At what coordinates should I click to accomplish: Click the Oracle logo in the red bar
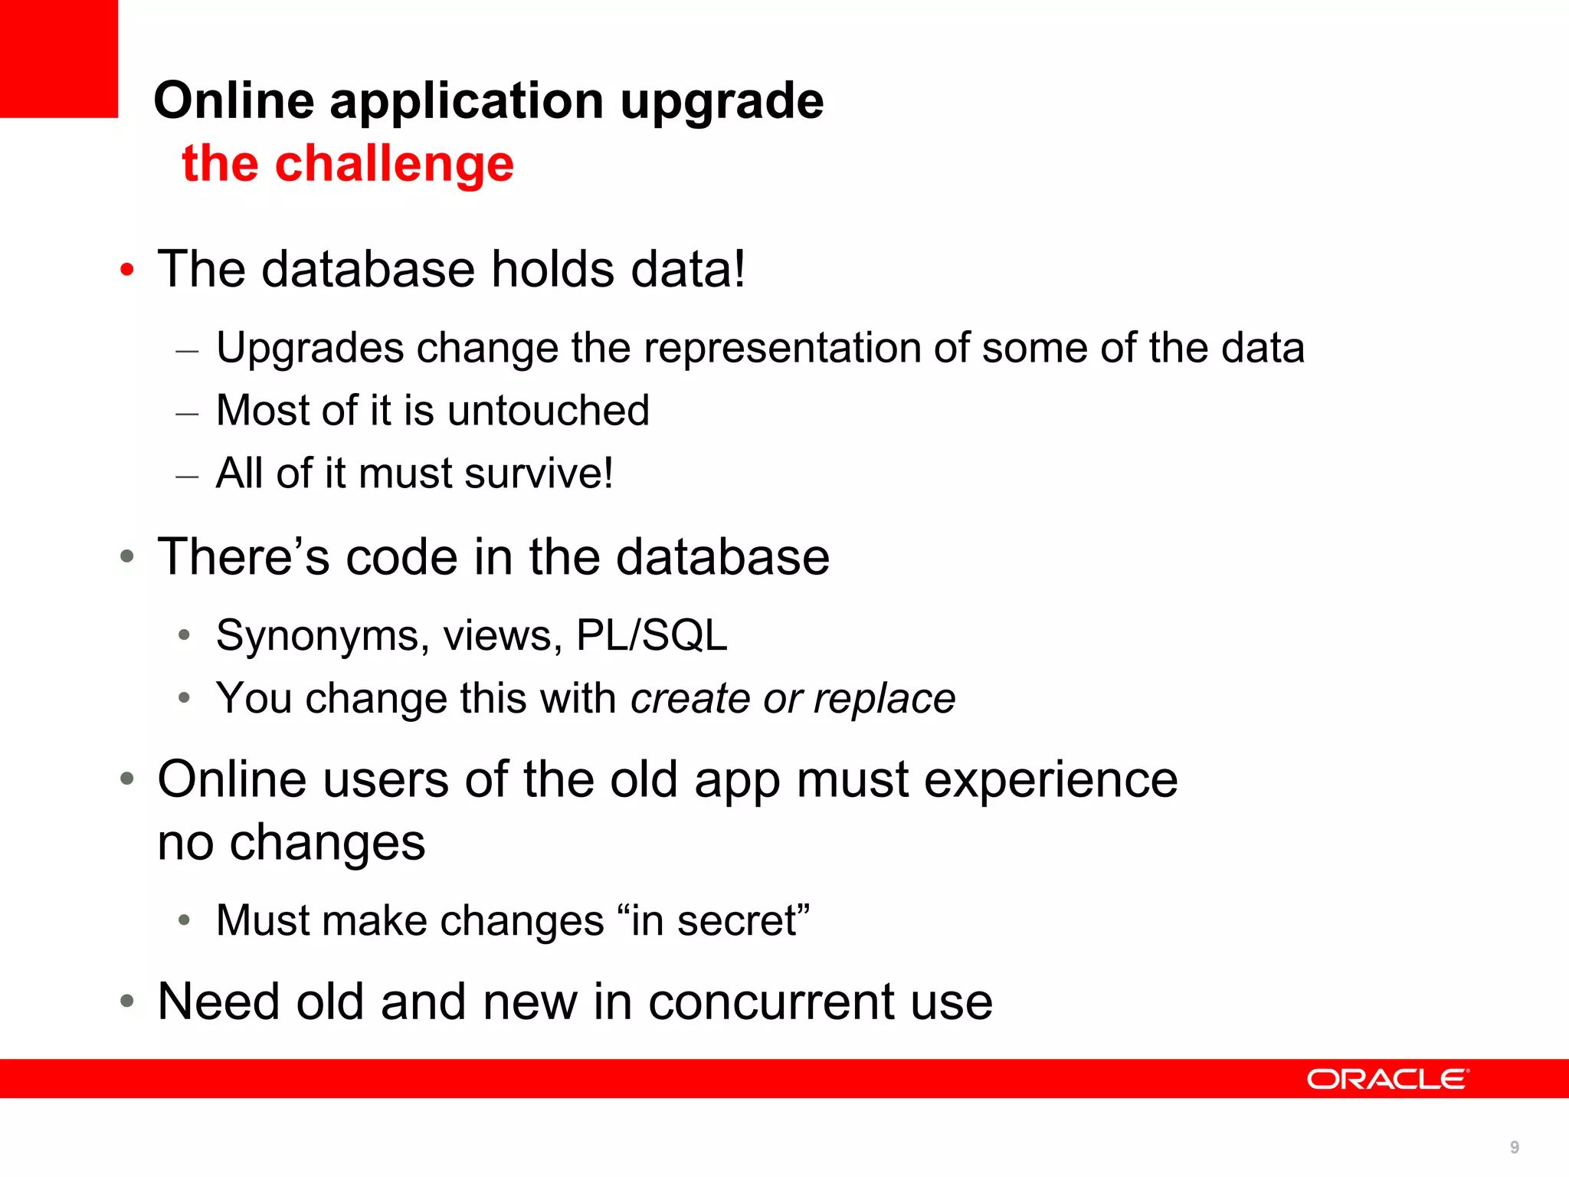pos(1387,1079)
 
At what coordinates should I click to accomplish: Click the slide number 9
pos(1515,1147)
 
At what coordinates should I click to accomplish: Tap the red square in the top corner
pos(58,58)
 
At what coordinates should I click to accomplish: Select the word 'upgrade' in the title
pos(722,102)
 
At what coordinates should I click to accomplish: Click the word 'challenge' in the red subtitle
pos(394,165)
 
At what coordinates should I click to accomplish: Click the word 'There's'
pos(244,556)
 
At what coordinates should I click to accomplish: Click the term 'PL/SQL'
pos(651,635)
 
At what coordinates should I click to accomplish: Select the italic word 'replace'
pos(884,699)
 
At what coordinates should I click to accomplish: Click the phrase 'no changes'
pos(291,843)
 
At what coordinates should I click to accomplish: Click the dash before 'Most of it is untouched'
pos(187,414)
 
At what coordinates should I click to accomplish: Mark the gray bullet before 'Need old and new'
pos(127,1001)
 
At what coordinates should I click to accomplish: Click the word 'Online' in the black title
pos(234,101)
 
